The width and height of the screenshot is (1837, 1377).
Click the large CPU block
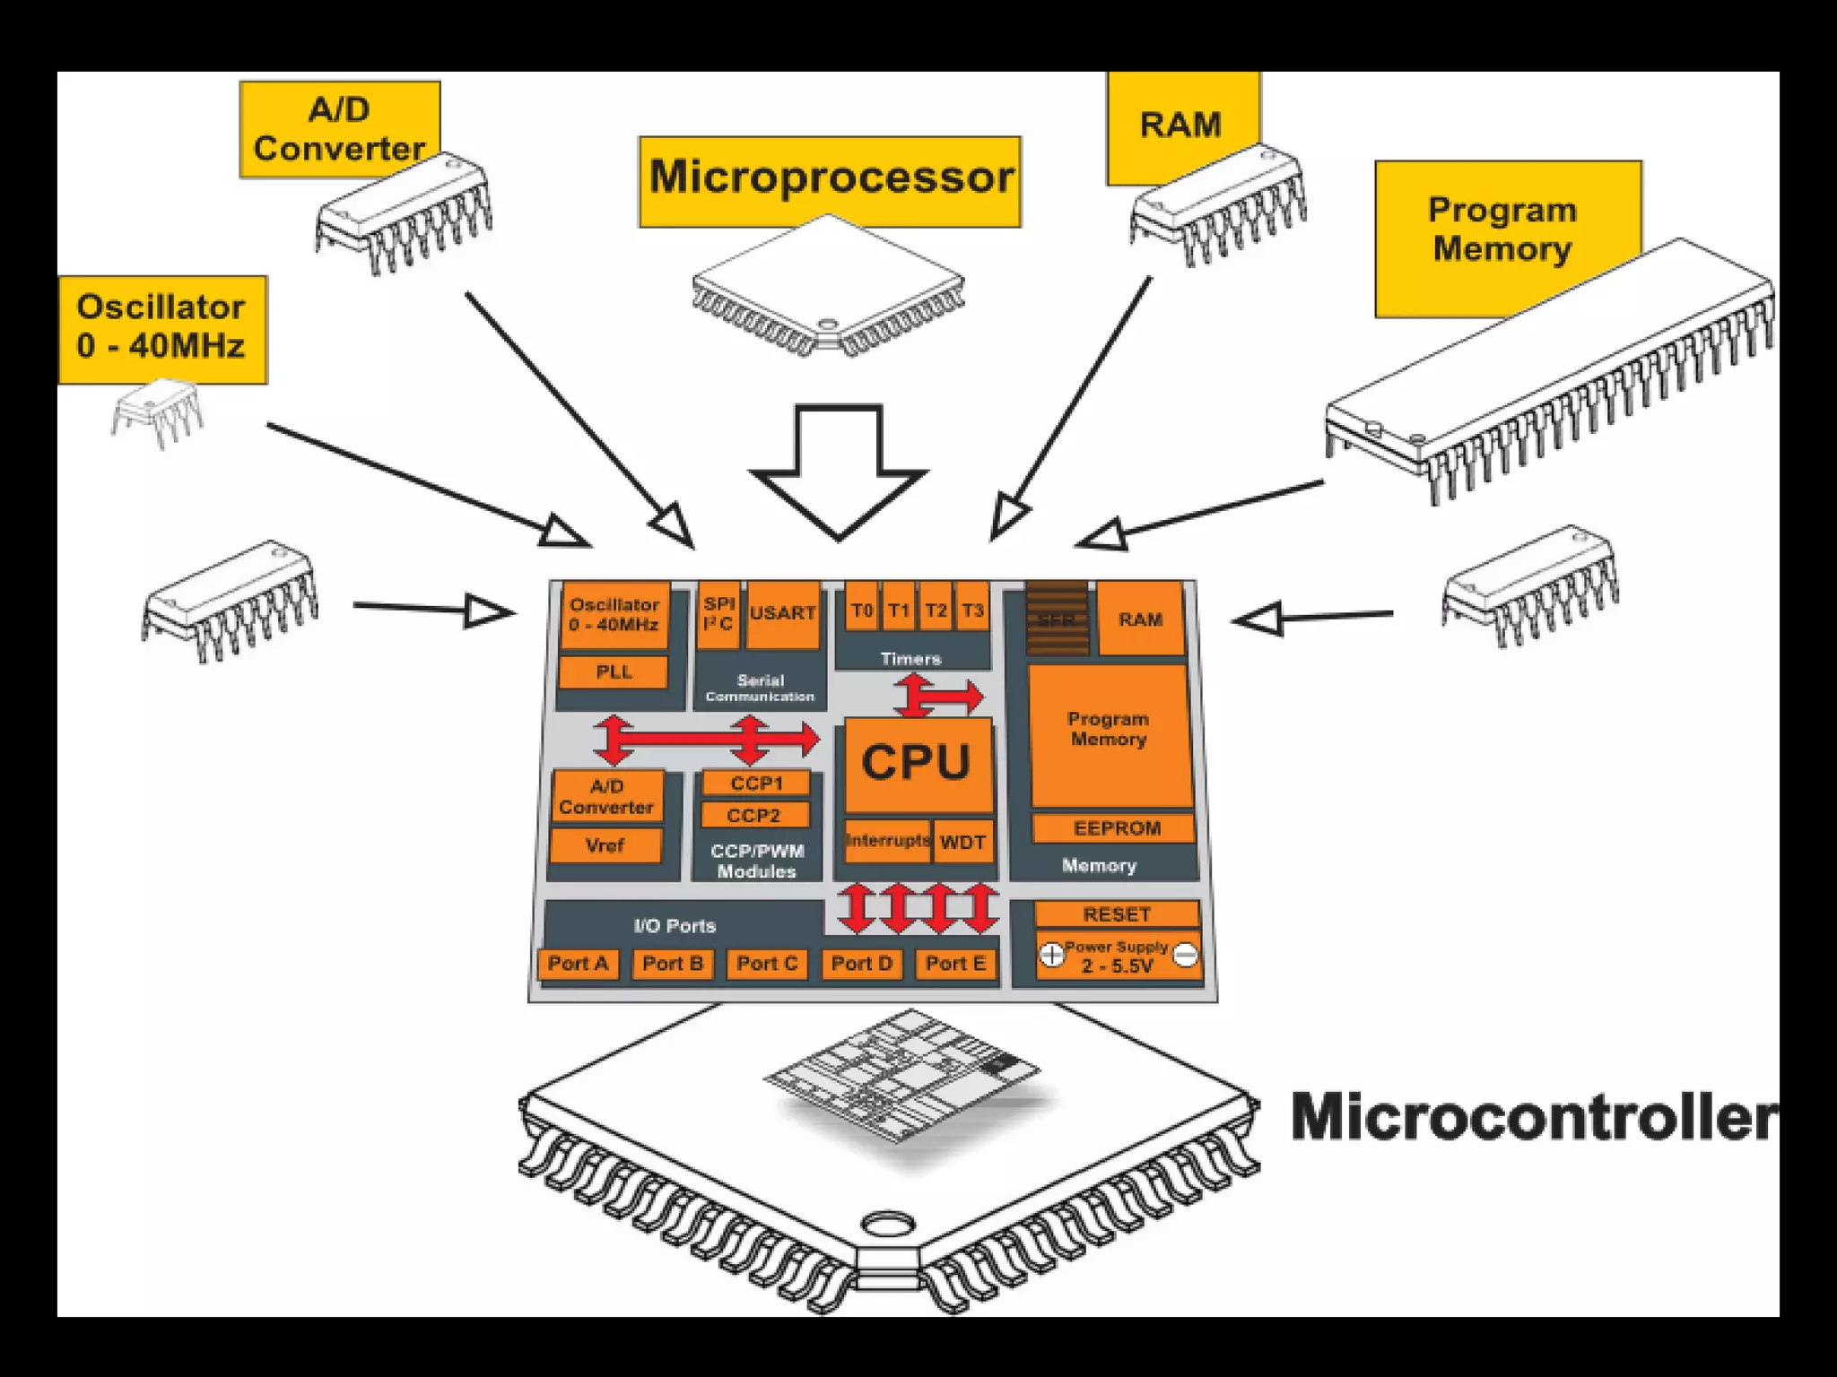pos(916,763)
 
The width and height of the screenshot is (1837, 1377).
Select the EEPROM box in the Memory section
pos(1116,828)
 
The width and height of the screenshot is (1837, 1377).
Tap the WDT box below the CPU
pos(962,842)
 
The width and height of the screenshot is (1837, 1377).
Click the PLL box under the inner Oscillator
pos(614,671)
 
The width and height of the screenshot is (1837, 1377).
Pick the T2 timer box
pos(936,610)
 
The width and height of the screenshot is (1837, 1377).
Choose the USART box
pos(782,613)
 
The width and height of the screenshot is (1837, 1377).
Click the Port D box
pos(861,964)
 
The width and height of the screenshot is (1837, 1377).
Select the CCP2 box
pos(753,815)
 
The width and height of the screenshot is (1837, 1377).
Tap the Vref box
pos(605,844)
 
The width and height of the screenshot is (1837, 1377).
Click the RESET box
pos(1116,914)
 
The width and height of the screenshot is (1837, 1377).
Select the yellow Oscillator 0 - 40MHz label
pos(161,327)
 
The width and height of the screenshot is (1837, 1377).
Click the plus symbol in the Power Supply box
pos(1051,956)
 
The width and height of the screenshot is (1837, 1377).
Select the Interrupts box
pos(887,841)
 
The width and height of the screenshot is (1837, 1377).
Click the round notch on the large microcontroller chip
pos(887,1225)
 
